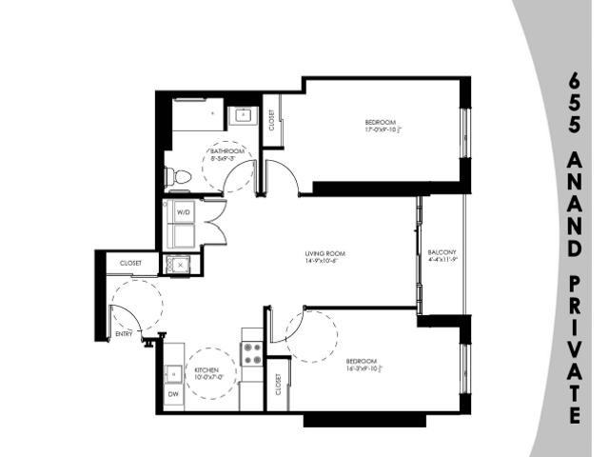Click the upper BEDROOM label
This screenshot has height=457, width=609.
379,122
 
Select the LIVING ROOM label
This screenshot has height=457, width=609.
324,253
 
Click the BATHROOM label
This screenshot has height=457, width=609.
228,152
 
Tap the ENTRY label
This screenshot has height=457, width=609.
124,334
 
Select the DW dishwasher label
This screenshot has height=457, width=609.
174,394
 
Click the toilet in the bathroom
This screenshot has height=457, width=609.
175,177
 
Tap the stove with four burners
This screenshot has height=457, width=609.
253,354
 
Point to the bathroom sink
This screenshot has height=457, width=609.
244,117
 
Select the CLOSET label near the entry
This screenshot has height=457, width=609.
131,264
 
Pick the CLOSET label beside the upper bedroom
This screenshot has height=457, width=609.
272,119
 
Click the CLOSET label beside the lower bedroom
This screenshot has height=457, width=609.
277,385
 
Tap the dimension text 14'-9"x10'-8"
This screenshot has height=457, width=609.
324,261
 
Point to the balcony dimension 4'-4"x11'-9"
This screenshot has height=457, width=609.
443,259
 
